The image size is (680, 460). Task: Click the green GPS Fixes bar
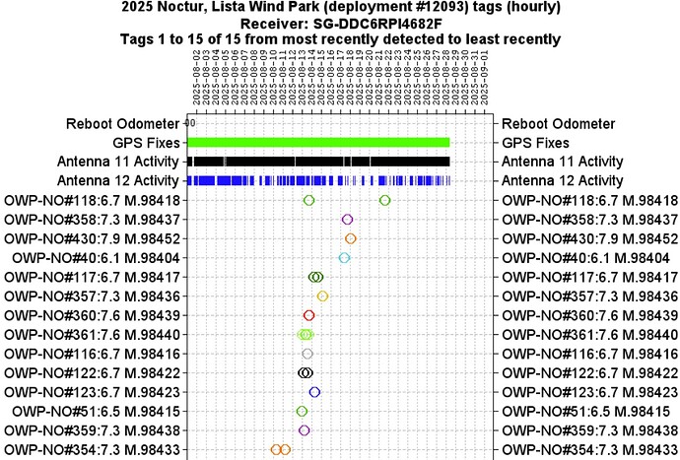[318, 143]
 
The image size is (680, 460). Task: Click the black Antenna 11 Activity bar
[318, 162]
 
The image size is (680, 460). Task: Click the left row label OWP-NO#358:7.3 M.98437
[92, 220]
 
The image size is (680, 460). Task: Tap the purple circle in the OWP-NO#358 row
[347, 220]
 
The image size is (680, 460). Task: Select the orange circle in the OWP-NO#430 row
[351, 238]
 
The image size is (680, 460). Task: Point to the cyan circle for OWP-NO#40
[344, 258]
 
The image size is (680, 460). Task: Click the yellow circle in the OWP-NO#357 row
[322, 296]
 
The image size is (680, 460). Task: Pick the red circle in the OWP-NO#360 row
[308, 315]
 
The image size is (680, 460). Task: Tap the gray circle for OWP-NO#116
[307, 354]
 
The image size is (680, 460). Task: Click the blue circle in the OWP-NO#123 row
[314, 392]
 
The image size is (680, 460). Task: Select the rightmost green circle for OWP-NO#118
[384, 201]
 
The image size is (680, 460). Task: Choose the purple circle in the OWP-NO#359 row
[304, 430]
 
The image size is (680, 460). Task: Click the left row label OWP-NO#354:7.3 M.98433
[92, 450]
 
